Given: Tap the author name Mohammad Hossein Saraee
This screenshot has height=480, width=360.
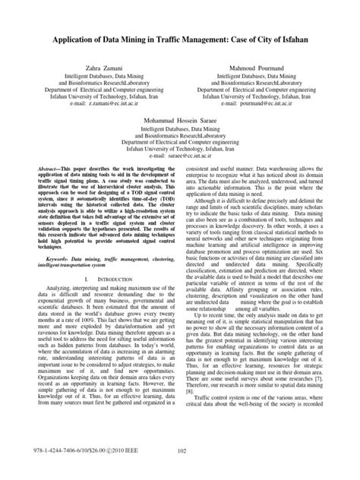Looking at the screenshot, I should [x=179, y=121].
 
